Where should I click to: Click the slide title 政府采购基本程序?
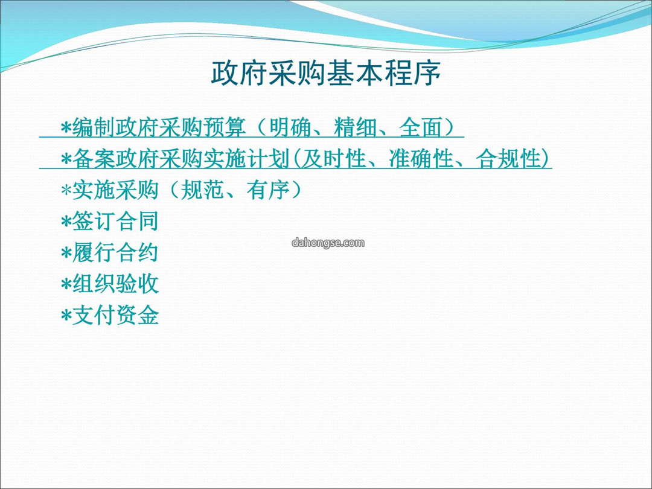(x=326, y=74)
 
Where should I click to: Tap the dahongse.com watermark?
(x=328, y=243)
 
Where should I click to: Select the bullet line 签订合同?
(x=109, y=221)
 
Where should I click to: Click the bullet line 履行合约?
(x=109, y=253)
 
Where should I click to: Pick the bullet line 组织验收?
(x=109, y=284)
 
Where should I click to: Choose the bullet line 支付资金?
(x=109, y=316)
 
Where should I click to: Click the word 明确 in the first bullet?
(x=290, y=127)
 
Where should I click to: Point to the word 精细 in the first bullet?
(x=355, y=127)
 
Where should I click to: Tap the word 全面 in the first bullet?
(x=420, y=127)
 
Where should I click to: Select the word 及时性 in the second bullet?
(x=333, y=159)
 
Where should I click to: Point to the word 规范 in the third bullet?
(x=202, y=190)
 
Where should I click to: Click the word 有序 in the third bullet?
(x=267, y=190)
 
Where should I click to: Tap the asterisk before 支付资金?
(x=66, y=316)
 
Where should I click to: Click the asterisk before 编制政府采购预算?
(x=66, y=127)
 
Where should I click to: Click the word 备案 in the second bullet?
(x=94, y=159)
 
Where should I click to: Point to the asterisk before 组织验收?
(x=66, y=285)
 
